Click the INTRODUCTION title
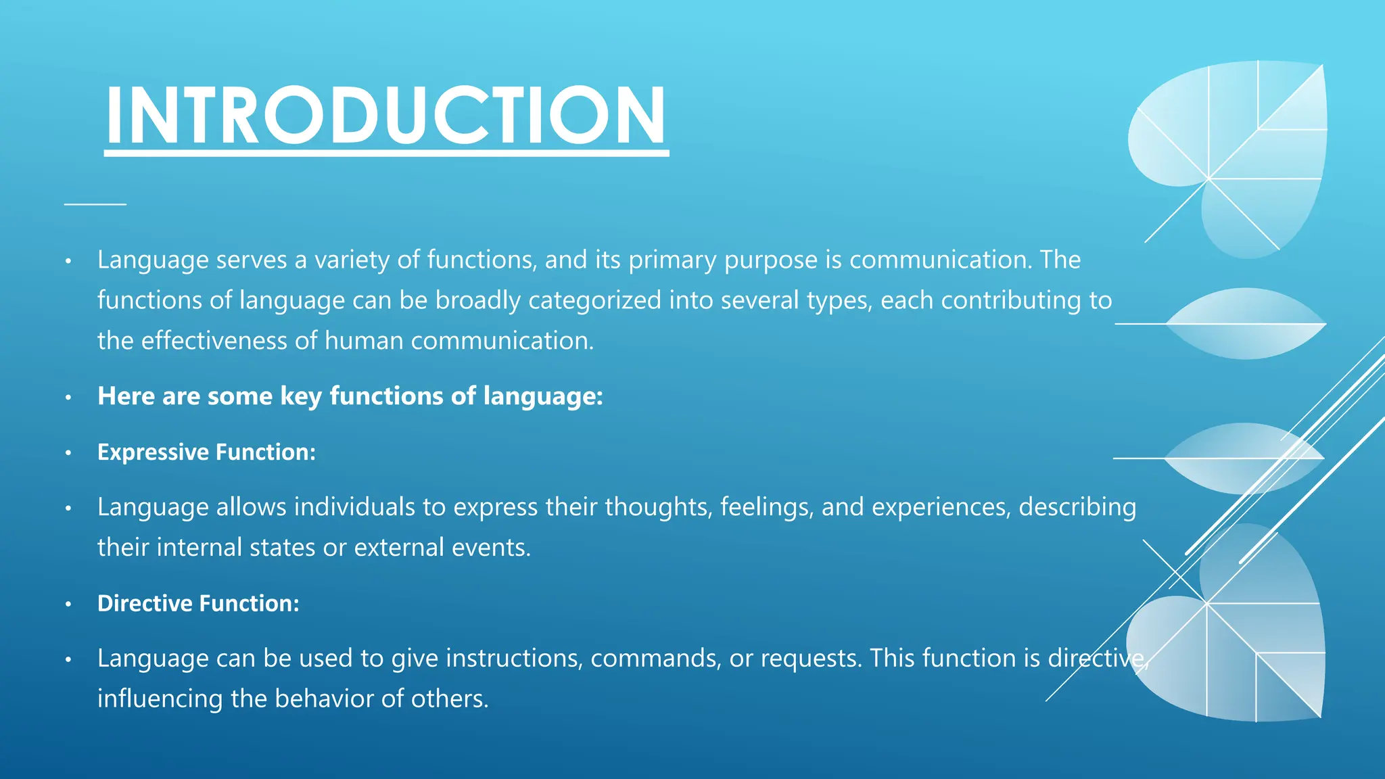pos(386,115)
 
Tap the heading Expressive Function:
pos(206,452)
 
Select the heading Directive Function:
pos(198,603)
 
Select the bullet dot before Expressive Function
pos(68,453)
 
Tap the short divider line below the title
pos(95,203)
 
